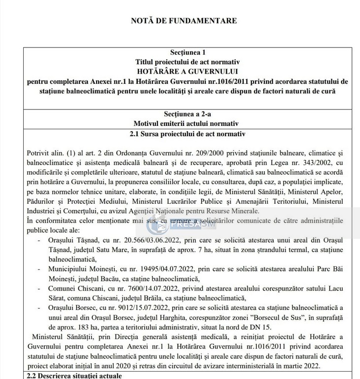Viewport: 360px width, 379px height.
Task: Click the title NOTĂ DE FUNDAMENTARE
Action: [183, 21]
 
